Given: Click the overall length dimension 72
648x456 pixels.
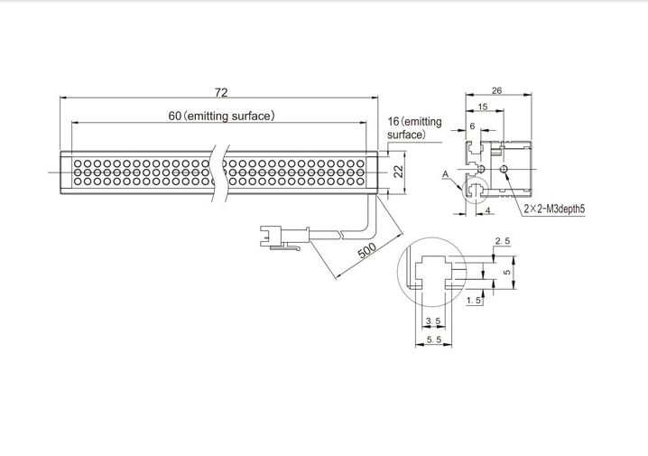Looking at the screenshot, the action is [221, 92].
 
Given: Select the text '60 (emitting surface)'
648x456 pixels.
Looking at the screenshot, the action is [221, 116].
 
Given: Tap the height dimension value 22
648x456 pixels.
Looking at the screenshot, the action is [398, 171].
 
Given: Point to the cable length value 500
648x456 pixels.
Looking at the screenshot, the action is [366, 250].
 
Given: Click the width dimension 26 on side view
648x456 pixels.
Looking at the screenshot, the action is [497, 90].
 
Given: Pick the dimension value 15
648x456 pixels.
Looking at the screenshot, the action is [483, 107].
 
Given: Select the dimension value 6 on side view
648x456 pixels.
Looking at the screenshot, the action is [473, 126].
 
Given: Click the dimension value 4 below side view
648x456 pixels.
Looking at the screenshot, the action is [488, 210].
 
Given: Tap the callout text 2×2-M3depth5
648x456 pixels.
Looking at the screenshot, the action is [555, 209].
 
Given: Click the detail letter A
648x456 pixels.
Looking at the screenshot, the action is [445, 174].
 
